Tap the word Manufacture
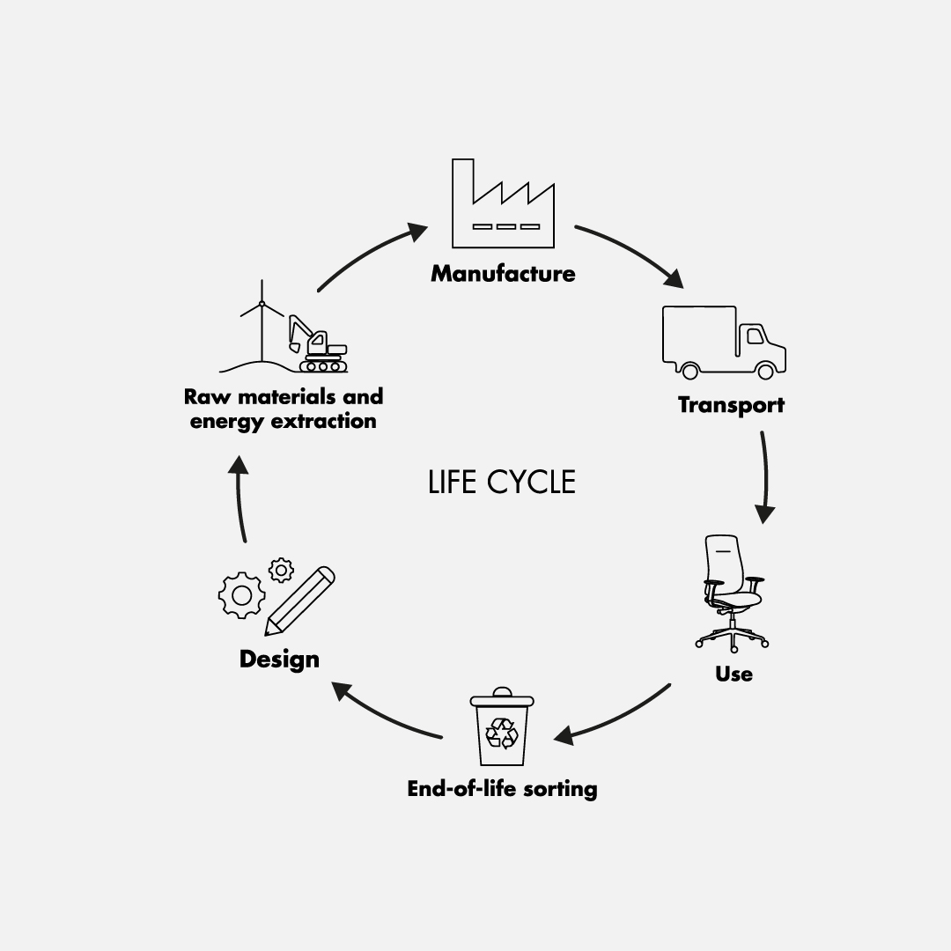coord(503,274)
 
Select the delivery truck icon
coord(723,342)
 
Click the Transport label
coord(731,405)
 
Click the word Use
coord(734,675)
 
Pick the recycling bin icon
coord(502,728)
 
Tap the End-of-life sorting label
coord(502,788)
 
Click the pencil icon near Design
coord(300,601)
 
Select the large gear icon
coord(240,595)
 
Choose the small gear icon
coord(281,570)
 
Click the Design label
coord(279,659)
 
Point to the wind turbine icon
coord(262,321)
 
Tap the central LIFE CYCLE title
coord(502,483)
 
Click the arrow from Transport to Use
coord(764,475)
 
